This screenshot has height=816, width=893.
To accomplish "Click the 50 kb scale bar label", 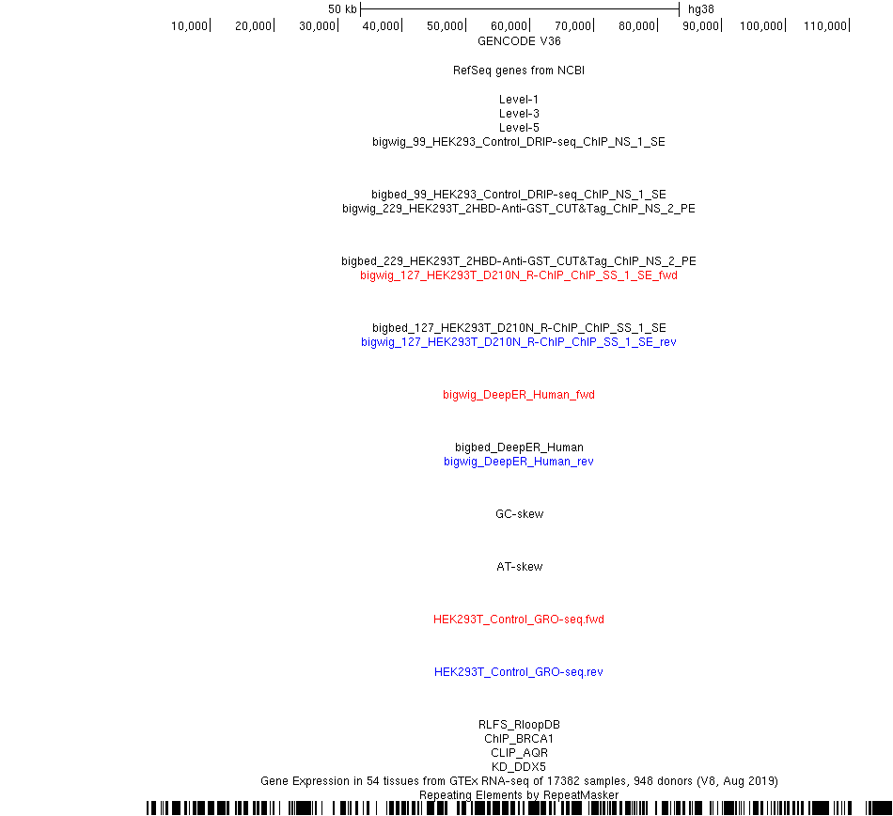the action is (342, 9).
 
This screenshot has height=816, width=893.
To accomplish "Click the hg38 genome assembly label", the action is (700, 9).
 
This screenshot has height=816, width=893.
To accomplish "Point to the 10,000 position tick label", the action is (189, 26).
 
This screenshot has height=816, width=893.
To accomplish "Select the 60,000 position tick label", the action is (509, 26).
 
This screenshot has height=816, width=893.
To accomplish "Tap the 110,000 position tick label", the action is (825, 26).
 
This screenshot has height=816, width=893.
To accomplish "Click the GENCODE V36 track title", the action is (519, 41).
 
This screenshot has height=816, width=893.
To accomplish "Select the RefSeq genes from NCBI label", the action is (519, 71).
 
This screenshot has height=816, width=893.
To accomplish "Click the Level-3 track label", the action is (519, 114).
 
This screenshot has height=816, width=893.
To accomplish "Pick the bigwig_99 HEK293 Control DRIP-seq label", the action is (519, 142).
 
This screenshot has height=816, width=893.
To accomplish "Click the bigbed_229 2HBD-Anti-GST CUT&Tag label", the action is (519, 260).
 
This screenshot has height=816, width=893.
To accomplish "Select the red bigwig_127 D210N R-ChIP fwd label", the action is (519, 275).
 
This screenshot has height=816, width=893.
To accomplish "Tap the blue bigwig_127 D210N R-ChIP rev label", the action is (519, 341).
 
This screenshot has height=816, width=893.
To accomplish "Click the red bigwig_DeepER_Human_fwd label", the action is (519, 395).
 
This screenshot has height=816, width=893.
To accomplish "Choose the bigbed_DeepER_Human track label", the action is (519, 447).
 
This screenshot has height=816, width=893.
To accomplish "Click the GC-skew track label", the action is (520, 513).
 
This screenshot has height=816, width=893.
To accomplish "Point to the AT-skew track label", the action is (520, 567).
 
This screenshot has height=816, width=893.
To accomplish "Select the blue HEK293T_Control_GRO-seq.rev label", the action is (519, 672).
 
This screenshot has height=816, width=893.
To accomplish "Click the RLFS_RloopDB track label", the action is (519, 724).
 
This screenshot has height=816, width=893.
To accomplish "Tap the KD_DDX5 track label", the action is (519, 766).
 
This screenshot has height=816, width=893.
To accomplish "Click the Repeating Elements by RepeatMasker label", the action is (519, 795).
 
